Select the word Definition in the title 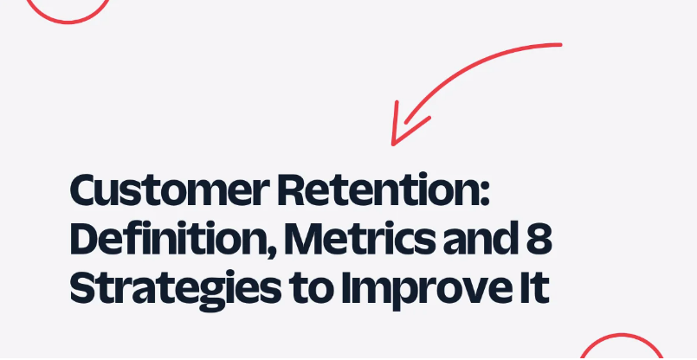pyautogui.click(x=163, y=240)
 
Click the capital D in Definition pyautogui.click(x=85, y=240)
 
